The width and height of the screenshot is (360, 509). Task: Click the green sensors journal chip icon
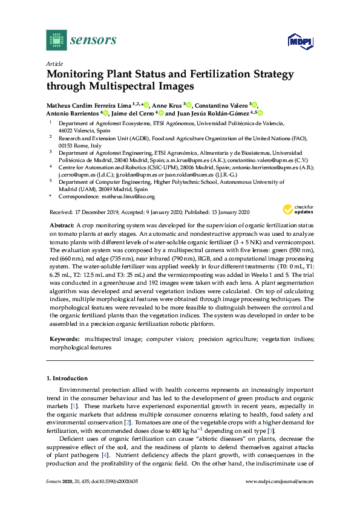click(56, 40)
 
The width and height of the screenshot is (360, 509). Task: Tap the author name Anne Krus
click(167, 105)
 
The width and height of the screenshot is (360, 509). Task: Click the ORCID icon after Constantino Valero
click(255, 105)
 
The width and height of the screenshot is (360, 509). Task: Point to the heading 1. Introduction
click(67, 378)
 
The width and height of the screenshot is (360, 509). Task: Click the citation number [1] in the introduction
click(74, 407)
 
